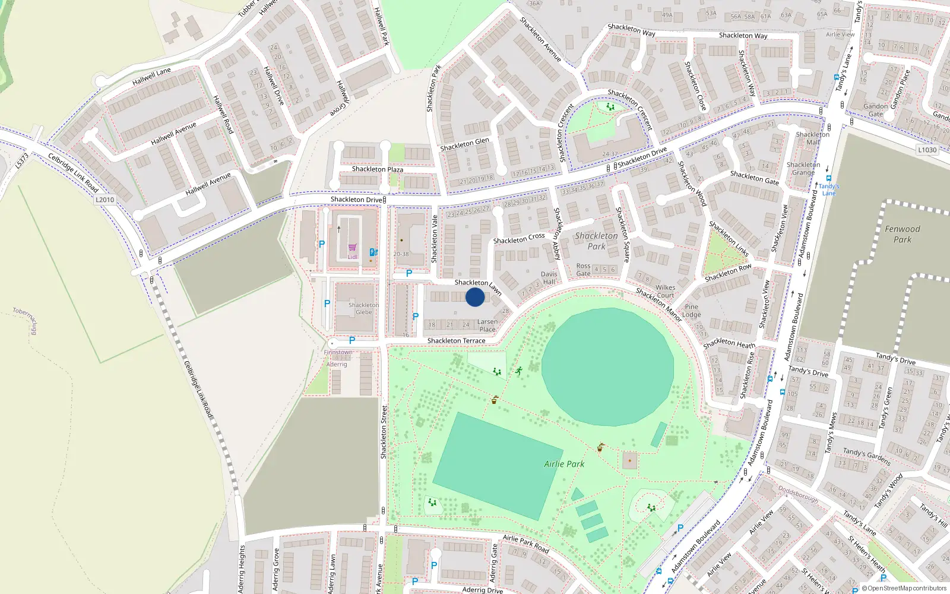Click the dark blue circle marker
click(x=475, y=297)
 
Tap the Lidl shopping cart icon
click(x=352, y=248)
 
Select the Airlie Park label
click(x=564, y=464)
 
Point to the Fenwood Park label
click(x=902, y=234)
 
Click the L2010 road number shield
click(x=104, y=200)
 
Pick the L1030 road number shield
click(x=927, y=150)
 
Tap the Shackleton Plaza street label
click(x=377, y=169)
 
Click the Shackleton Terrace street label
click(x=456, y=340)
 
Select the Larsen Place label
click(x=487, y=326)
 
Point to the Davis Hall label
click(x=549, y=278)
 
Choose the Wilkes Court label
click(x=665, y=291)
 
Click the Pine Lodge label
click(x=691, y=311)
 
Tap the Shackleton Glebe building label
click(x=363, y=308)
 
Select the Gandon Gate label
click(x=876, y=110)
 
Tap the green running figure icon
click(x=519, y=371)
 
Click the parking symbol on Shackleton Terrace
click(x=352, y=340)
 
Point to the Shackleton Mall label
click(x=812, y=138)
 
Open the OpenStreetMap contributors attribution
click(x=907, y=588)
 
